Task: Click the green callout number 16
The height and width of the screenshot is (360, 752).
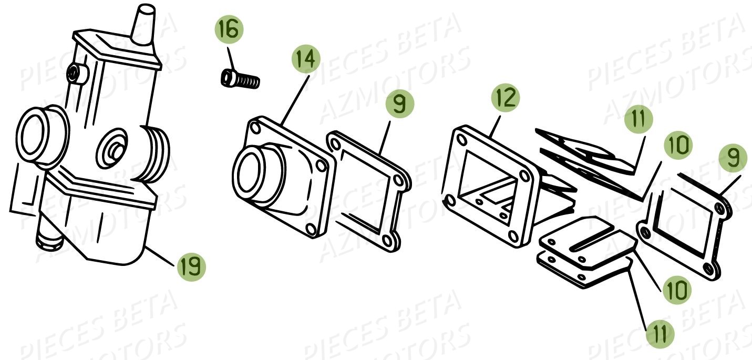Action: [x=229, y=29]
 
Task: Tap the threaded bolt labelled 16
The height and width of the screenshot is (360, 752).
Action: [x=240, y=79]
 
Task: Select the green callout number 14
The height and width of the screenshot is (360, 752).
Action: [x=306, y=59]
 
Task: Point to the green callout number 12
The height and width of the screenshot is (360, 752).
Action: [x=506, y=98]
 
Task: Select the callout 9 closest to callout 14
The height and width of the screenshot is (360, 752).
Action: [x=400, y=104]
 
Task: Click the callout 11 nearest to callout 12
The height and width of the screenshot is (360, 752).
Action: [x=638, y=119]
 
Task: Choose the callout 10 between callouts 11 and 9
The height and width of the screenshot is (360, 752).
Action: [x=678, y=145]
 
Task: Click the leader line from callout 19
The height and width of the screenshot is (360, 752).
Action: [x=161, y=256]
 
